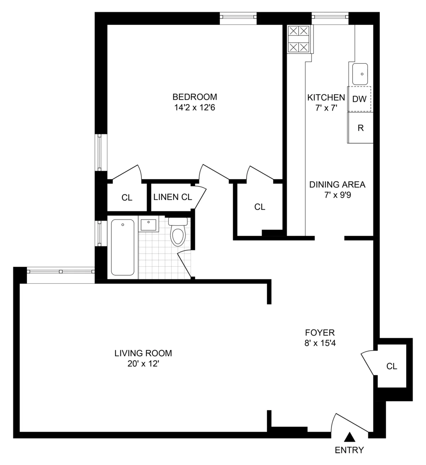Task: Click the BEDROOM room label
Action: tap(195, 97)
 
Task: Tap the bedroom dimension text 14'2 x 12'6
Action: tap(195, 107)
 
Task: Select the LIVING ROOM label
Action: tap(143, 353)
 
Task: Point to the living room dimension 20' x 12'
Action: tap(143, 364)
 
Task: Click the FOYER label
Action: tap(320, 333)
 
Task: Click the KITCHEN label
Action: tap(326, 97)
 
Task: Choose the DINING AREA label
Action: tap(337, 185)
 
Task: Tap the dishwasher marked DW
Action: tap(359, 99)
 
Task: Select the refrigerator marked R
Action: tap(360, 128)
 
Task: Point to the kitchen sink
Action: tap(360, 74)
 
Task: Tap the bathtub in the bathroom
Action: tap(123, 247)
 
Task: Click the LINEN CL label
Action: tap(173, 197)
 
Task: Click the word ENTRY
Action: tap(349, 450)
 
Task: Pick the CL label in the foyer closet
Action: tap(392, 366)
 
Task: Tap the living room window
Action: tap(61, 271)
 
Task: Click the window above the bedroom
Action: tap(237, 16)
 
